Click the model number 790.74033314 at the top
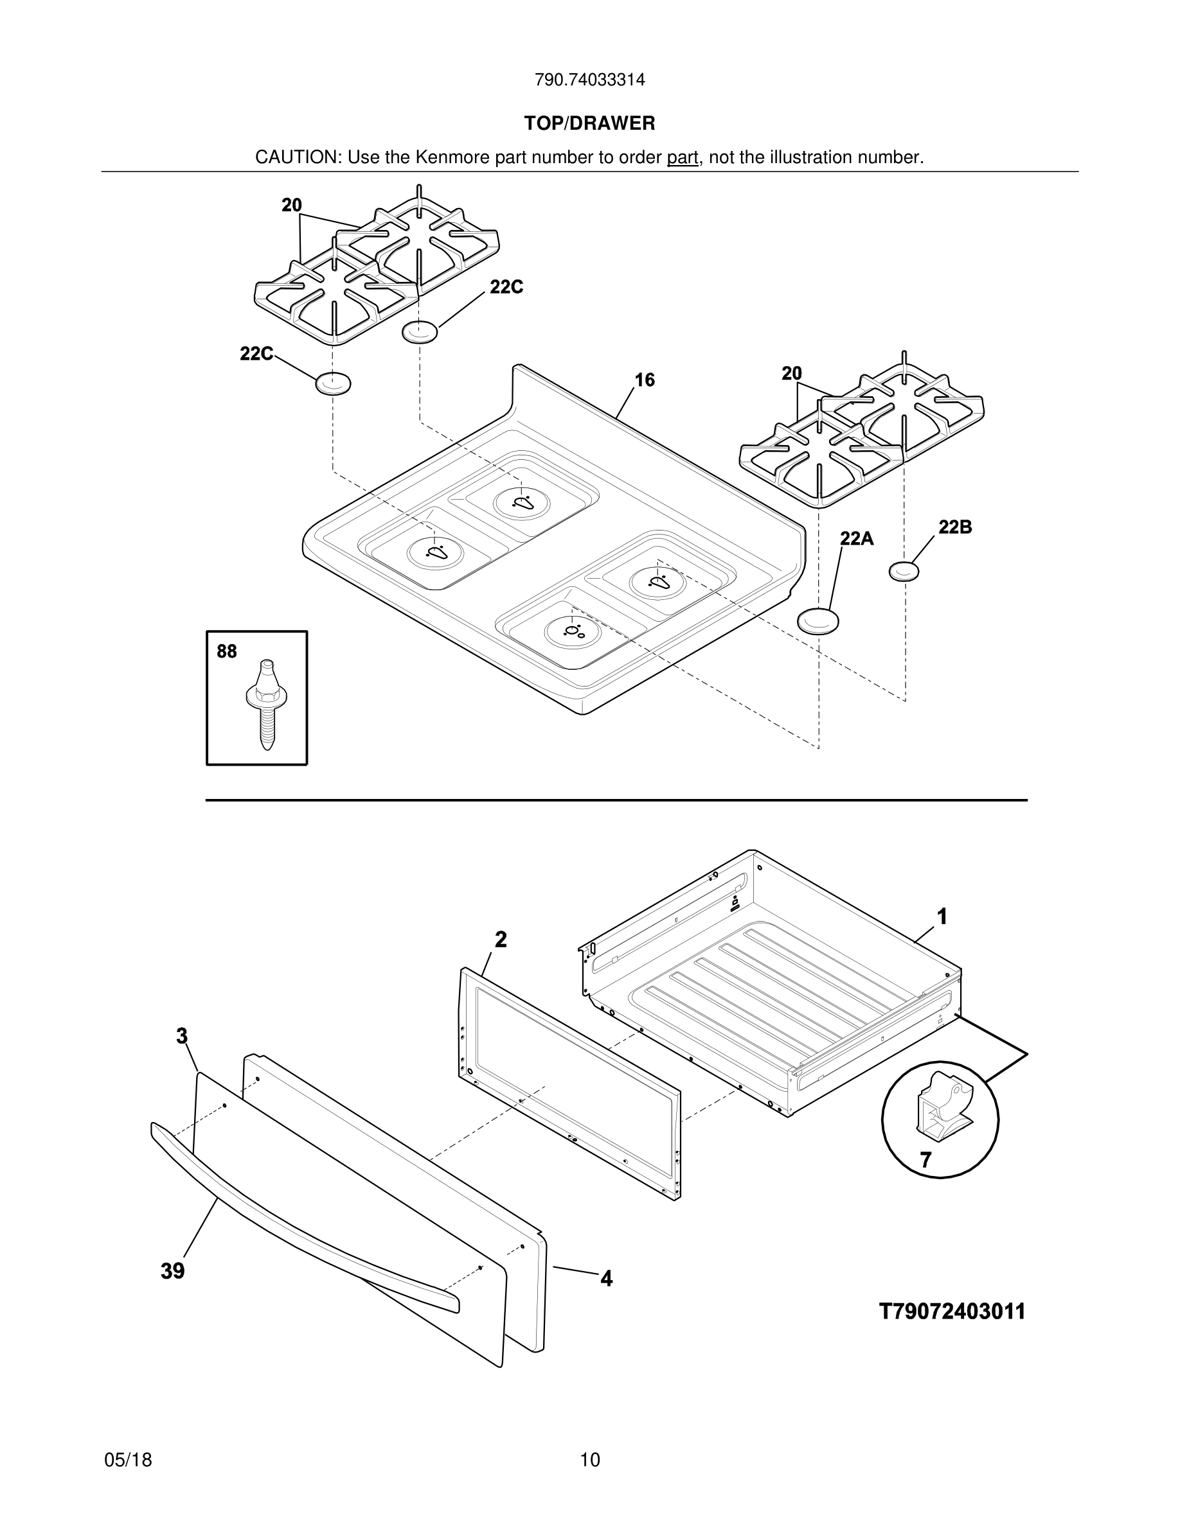click(589, 80)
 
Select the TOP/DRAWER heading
click(589, 124)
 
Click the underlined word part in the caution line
click(683, 158)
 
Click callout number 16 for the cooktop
click(645, 380)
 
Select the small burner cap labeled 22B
click(904, 572)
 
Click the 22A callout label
click(856, 538)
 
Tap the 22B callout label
click(954, 527)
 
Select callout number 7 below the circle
click(925, 1161)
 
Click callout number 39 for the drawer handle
click(173, 1271)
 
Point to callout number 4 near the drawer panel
click(606, 1279)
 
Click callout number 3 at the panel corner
click(182, 1036)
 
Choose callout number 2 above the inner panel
click(501, 940)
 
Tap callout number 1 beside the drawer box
click(942, 916)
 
